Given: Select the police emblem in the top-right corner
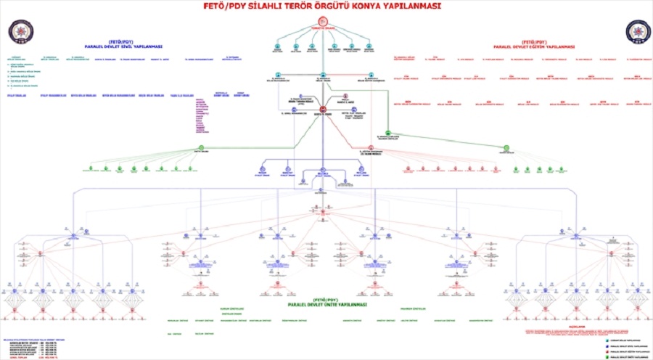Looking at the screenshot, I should click(635, 31).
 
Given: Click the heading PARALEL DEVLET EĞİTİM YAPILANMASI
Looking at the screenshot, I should click(529, 44).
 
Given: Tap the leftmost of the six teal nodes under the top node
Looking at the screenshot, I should click(277, 47).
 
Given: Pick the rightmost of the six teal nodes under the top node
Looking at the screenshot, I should click(370, 47).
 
